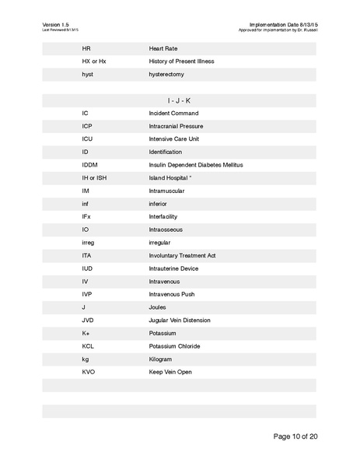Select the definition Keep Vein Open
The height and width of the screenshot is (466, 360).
pyautogui.click(x=170, y=372)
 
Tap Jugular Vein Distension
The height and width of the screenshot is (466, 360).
pyautogui.click(x=179, y=320)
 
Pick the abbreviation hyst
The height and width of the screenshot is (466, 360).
pyautogui.click(x=87, y=74)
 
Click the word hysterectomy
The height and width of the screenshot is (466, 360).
pyautogui.click(x=169, y=74)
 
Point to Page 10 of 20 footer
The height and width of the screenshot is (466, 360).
pyautogui.click(x=295, y=436)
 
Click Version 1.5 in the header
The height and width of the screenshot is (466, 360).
pyautogui.click(x=56, y=25)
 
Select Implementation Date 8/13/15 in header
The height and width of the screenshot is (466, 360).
pyautogui.click(x=283, y=25)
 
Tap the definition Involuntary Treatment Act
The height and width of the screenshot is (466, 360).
pyautogui.click(x=182, y=255)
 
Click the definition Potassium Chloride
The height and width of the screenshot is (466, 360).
pyautogui.click(x=174, y=346)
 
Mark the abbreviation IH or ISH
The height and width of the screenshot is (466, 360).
pyautogui.click(x=94, y=177)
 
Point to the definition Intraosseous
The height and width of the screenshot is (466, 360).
pyautogui.click(x=167, y=229)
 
